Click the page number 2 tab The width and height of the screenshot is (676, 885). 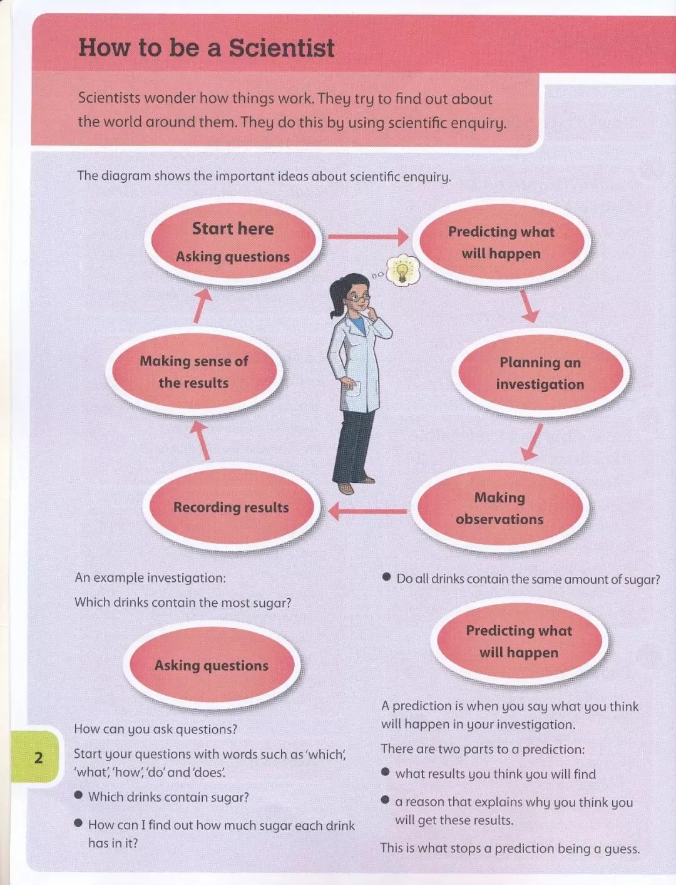(x=38, y=758)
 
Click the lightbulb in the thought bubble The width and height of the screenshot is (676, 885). (x=401, y=271)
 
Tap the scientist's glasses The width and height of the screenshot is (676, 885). (x=359, y=299)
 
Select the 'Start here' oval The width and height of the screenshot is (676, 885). (x=233, y=241)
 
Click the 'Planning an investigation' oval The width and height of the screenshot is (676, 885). (x=540, y=373)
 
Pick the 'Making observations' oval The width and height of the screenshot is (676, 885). (x=499, y=508)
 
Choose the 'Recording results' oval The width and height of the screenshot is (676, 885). (x=231, y=507)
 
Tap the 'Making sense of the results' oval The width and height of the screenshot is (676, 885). (x=193, y=371)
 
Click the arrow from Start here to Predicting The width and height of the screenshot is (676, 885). (x=367, y=237)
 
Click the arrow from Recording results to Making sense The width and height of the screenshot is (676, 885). (x=201, y=440)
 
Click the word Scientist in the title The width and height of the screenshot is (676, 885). (x=281, y=48)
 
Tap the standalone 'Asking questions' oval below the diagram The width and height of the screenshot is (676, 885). (x=212, y=665)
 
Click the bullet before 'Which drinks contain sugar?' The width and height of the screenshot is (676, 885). (x=78, y=795)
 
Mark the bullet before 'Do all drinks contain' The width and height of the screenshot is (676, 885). (x=387, y=577)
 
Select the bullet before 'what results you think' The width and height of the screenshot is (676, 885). (x=386, y=772)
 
